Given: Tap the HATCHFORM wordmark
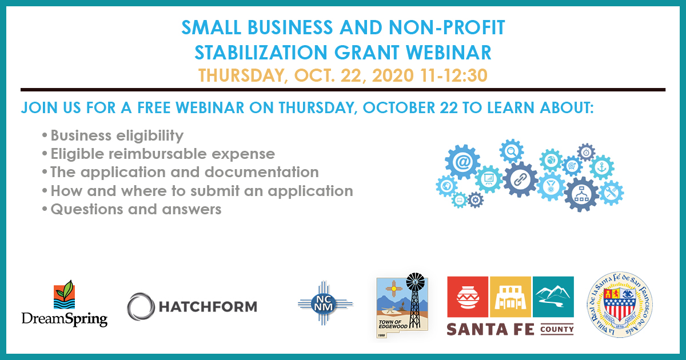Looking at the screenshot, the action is [x=208, y=307].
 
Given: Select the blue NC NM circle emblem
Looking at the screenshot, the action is [x=324, y=303].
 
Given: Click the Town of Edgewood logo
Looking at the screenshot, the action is [x=402, y=305].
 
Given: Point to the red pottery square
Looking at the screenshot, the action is [x=468, y=297].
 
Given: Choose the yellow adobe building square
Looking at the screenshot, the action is [x=510, y=297].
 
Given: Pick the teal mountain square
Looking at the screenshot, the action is [x=553, y=297].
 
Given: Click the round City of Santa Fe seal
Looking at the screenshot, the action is [x=620, y=305].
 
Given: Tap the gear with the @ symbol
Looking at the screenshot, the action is [x=462, y=162].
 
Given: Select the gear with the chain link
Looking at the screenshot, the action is [x=520, y=179].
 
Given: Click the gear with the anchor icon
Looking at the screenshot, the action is [x=602, y=167].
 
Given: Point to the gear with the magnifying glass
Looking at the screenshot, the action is [x=512, y=151].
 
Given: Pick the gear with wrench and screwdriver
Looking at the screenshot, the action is [x=611, y=193].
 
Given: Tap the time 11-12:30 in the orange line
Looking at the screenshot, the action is [x=454, y=75].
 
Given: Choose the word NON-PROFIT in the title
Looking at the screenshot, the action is [x=447, y=27].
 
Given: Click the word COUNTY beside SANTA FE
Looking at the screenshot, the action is [x=557, y=329].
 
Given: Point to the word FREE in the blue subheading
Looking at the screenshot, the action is [x=154, y=107].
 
